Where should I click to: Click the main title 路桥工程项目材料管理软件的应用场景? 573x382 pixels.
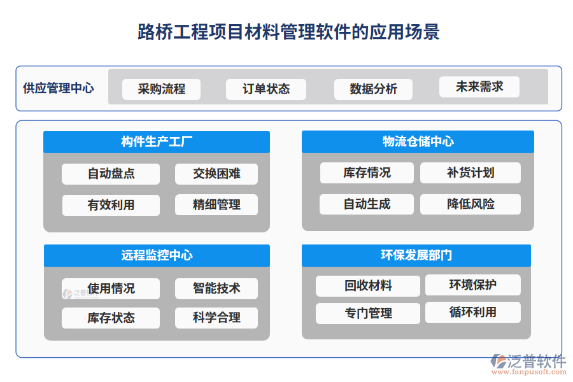288,32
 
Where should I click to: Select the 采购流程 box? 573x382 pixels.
161,89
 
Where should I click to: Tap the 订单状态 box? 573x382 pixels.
265,89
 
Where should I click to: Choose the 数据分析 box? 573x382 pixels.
373,89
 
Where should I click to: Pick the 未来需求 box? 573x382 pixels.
479,87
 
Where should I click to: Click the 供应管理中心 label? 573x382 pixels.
59,88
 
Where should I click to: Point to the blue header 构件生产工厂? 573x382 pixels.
157,142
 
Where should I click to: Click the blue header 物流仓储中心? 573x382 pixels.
418,142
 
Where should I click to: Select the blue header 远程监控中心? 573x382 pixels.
157,255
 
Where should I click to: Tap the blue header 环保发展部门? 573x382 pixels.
416,255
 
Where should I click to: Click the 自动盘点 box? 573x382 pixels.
111,174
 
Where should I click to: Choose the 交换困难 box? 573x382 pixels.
216,174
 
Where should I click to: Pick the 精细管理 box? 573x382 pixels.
216,205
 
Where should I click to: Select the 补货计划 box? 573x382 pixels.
470,173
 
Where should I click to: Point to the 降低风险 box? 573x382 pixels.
470,204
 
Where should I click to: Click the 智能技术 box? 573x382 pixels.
216,288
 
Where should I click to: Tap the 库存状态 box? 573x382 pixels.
111,318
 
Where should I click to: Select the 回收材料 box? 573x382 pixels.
368,286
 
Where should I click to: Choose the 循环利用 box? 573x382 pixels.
472,312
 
